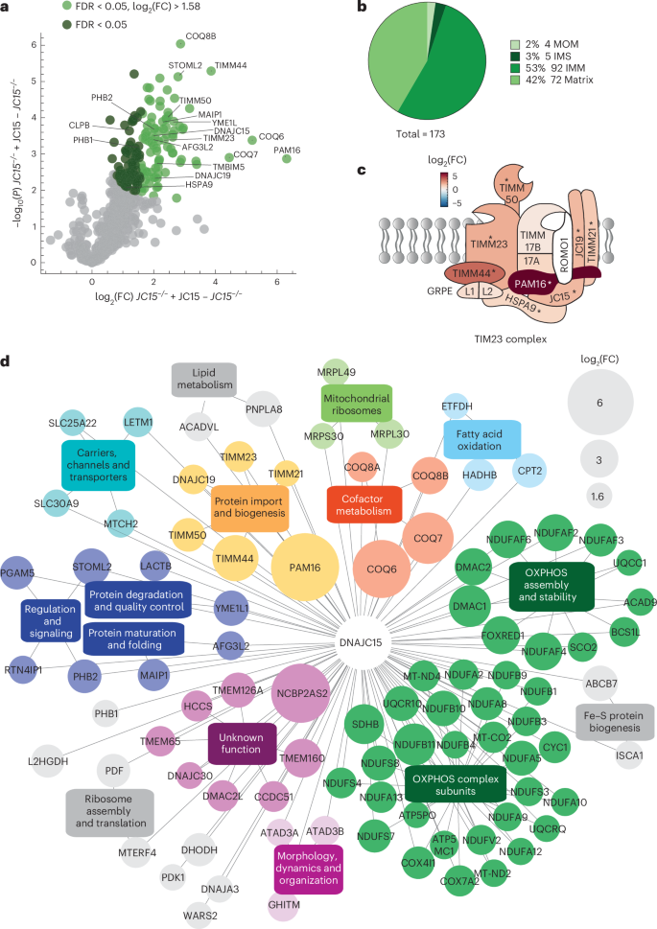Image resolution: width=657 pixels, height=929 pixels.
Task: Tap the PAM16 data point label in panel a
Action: [288, 151]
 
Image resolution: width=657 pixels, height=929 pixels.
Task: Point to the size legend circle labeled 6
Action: [599, 404]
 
